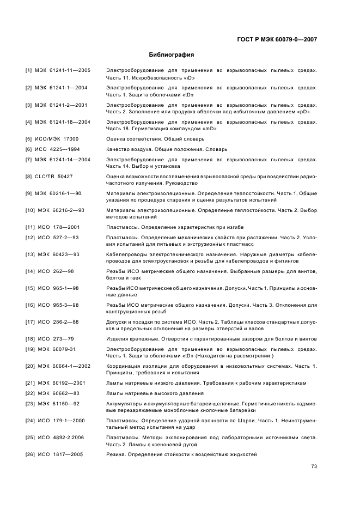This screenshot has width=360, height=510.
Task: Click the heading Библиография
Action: click(172, 55)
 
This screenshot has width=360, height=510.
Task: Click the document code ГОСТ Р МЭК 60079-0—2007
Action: click(277, 40)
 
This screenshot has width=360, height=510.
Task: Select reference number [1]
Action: click(28, 71)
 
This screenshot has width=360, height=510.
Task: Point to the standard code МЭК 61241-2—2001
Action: click(61, 105)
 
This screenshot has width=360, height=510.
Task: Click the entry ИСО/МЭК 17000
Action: click(56, 139)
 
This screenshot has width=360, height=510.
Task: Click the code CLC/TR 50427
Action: click(53, 177)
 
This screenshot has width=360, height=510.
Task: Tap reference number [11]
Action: click(30, 227)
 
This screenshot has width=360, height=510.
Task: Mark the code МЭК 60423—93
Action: click(59, 254)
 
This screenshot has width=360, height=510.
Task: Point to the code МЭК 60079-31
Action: click(57, 349)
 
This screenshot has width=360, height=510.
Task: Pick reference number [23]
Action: click(30, 403)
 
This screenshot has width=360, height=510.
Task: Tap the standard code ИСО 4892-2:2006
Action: click(61, 437)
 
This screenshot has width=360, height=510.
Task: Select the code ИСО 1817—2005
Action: click(60, 454)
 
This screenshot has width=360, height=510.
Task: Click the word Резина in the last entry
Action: click(116, 454)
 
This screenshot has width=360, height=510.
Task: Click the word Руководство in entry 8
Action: click(175, 183)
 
